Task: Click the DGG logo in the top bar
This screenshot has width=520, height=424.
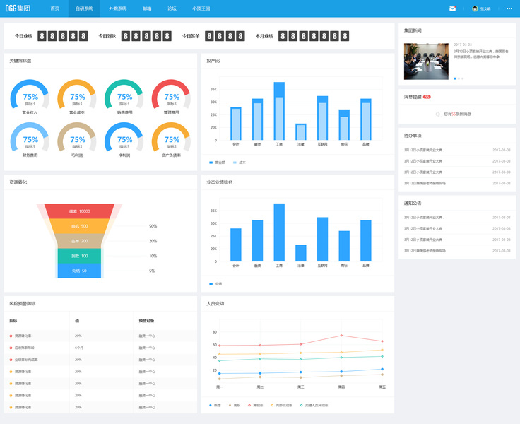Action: [18, 8]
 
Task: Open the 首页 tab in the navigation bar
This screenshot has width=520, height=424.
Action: [55, 8]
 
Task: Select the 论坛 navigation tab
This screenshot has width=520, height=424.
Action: [172, 8]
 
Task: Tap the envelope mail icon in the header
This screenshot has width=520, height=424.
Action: [452, 8]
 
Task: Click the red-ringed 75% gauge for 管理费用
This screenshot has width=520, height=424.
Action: [171, 98]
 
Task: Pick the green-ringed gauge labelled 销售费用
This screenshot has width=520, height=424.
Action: [124, 98]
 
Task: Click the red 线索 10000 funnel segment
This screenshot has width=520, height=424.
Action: [79, 211]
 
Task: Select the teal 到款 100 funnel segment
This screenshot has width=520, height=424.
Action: [79, 256]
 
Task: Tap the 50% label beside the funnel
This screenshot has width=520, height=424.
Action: [153, 226]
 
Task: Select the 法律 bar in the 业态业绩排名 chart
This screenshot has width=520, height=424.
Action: [301, 254]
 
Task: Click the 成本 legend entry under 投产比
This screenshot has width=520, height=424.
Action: [240, 162]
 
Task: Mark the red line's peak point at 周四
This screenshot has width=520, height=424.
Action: [341, 336]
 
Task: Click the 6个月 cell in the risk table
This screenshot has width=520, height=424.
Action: [79, 348]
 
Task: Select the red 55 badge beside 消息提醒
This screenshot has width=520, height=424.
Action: [427, 96]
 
